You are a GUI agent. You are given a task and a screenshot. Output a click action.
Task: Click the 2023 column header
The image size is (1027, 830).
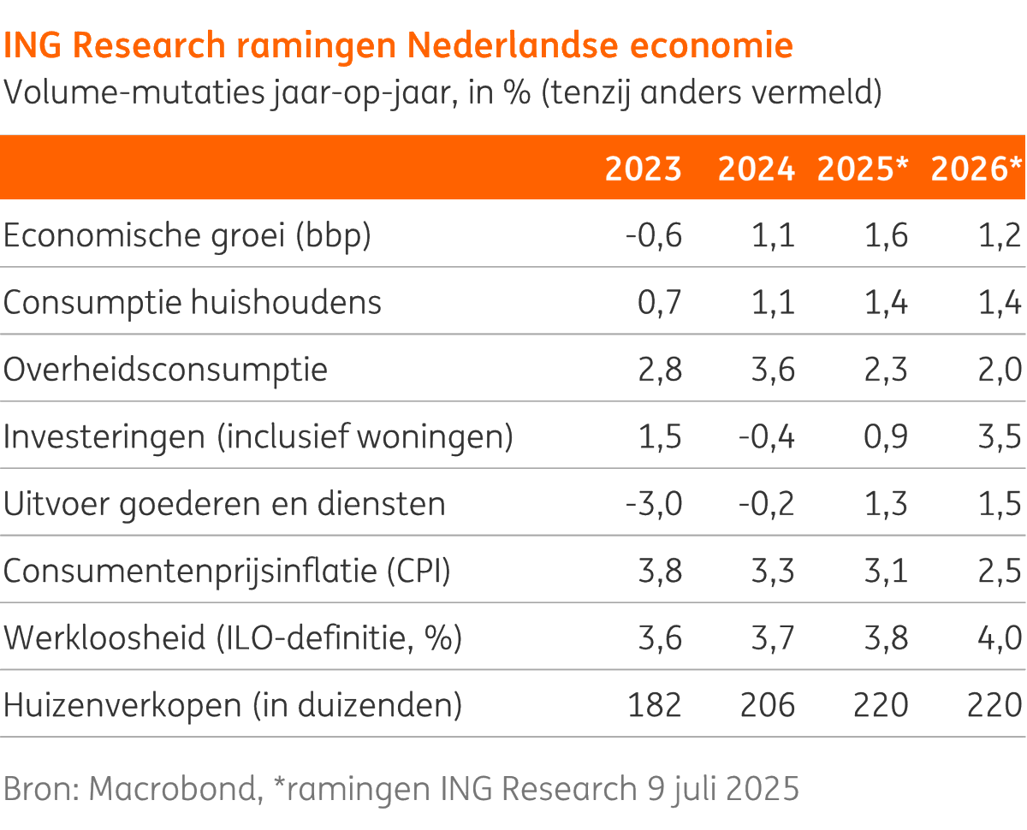click(643, 169)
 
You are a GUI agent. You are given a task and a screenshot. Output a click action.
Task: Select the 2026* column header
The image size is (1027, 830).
click(977, 169)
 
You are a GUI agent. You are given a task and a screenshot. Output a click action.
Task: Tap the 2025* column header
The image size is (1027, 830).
click(862, 169)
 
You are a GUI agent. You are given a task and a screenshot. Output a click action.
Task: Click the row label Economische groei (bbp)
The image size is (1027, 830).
click(187, 236)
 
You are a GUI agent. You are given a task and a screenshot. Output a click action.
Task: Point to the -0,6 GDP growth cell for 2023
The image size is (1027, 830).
click(654, 236)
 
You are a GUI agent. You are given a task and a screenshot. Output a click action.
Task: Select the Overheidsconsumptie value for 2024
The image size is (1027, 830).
click(773, 371)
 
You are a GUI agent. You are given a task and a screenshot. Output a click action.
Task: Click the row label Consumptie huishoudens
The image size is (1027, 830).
click(193, 303)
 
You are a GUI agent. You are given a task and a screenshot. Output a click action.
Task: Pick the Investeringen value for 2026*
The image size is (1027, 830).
click(1000, 437)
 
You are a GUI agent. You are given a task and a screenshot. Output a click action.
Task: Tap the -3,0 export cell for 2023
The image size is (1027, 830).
click(654, 504)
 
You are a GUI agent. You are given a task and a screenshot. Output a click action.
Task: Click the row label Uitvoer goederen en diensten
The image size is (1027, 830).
click(224, 504)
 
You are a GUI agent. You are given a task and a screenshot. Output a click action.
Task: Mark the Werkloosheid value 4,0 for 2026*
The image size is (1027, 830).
click(1000, 638)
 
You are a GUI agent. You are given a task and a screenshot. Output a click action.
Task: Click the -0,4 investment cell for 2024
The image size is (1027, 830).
click(767, 437)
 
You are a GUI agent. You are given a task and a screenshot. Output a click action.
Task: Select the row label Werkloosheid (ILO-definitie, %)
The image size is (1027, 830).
click(233, 638)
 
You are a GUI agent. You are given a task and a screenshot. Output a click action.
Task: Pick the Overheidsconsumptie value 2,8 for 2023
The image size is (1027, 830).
click(660, 371)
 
